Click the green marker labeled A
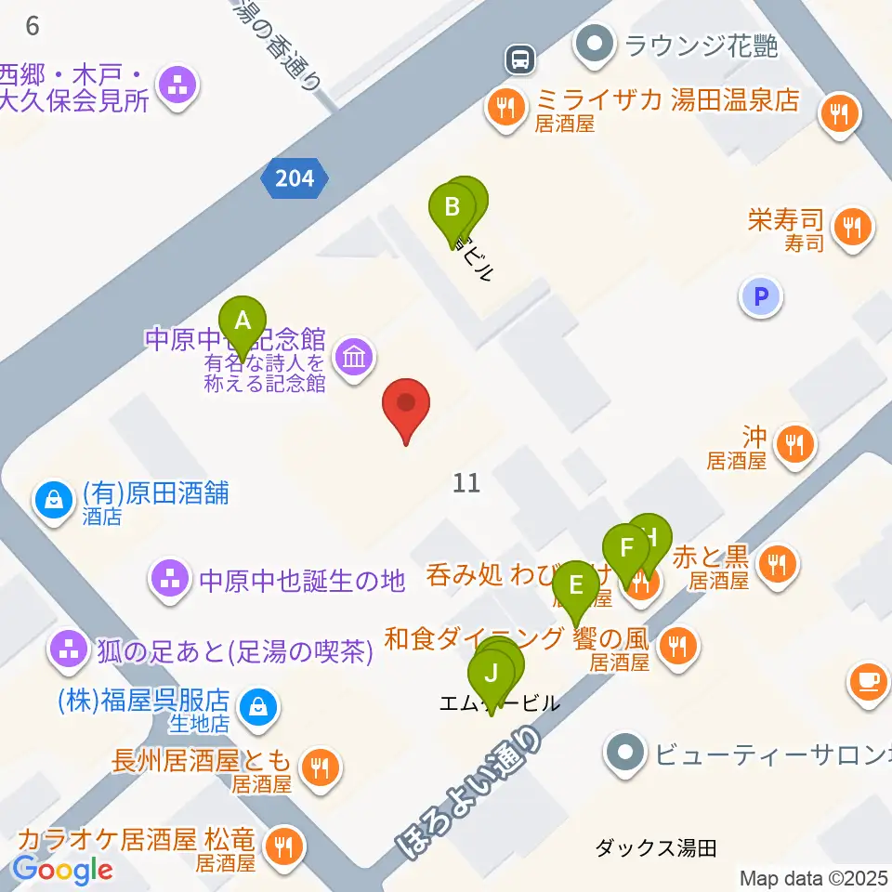pos(243,321)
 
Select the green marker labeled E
pos(576,587)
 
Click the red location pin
pos(407,405)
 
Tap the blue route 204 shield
pos(295,177)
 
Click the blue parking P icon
pos(761,297)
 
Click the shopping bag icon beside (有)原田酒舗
pos(56,501)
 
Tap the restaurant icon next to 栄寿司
pos(849,225)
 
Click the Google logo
pos(62,870)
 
